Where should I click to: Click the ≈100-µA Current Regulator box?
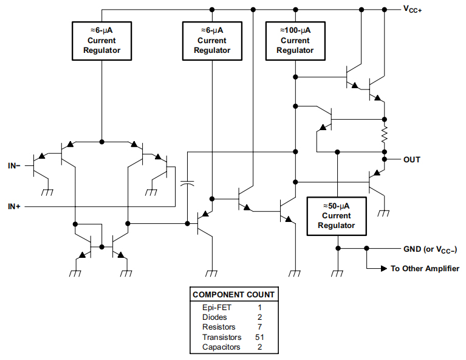tap(295, 40)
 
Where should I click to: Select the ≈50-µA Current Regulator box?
tap(337, 215)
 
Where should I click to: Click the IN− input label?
tap(14, 165)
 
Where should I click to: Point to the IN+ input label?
tap(14, 207)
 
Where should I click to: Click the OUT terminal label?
tap(411, 159)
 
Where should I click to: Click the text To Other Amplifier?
tap(425, 268)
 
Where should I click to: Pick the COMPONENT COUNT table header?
tap(233, 294)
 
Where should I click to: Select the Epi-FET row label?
tap(216, 308)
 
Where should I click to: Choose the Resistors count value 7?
tap(259, 327)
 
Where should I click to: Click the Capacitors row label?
tap(221, 347)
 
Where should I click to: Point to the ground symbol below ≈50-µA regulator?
tap(337, 273)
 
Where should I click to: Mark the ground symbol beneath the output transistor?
tap(384, 213)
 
